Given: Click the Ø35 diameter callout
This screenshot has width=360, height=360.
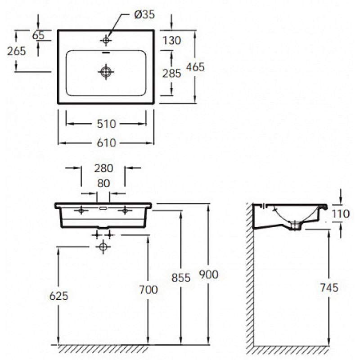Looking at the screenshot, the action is point(144,15).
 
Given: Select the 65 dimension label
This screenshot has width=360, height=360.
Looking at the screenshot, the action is point(38,36).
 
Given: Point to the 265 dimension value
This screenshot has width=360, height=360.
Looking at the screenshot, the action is point(16,51).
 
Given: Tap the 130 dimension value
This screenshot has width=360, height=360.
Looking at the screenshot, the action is point(172,40).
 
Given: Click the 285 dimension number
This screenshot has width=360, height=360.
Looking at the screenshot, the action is point(172,73).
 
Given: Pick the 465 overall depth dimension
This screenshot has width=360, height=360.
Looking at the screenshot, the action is point(195,67).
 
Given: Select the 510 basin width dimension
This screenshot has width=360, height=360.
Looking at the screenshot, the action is point(106,124).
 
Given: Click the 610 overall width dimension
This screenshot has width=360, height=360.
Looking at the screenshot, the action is point(106,143).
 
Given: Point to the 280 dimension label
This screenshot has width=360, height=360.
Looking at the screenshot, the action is point(104,168).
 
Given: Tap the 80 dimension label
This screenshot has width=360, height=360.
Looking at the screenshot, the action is point(103,184).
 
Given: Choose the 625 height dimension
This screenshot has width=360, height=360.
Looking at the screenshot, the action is point(59,296).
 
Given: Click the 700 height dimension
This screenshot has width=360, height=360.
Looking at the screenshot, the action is point(148,290).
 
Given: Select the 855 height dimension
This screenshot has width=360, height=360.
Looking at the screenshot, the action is point(181,278).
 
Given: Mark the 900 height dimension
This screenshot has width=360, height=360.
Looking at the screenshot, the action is point(208,274).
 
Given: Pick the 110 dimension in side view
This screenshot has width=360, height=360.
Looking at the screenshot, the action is point(341,214).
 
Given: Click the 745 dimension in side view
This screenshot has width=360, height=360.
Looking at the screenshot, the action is point(329,288).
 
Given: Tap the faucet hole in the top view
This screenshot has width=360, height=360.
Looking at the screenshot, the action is point(106,40).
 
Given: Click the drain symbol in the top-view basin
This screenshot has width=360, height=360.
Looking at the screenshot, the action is point(106,72).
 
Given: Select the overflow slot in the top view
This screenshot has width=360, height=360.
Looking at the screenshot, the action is point(106,52).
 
